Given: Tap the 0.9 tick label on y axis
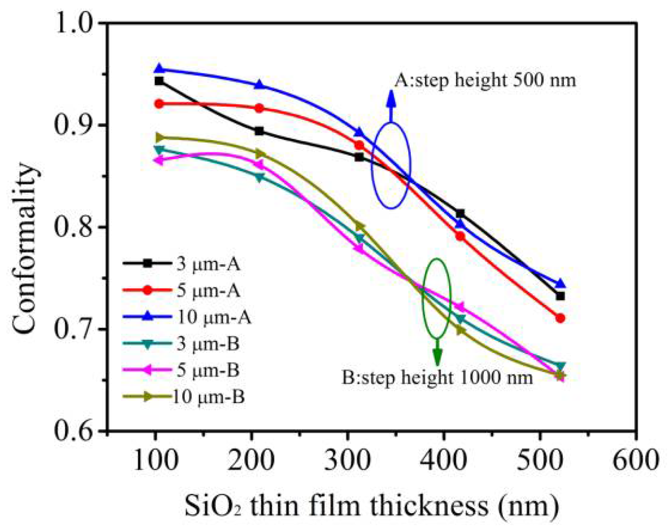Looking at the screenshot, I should [x=74, y=125].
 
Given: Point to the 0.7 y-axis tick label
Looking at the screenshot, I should [x=74, y=329].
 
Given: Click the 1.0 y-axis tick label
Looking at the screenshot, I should [x=74, y=23].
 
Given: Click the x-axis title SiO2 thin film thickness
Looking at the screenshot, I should [x=372, y=506].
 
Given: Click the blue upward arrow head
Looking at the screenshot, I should [x=391, y=99].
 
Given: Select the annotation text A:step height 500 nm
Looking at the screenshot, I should [x=485, y=80].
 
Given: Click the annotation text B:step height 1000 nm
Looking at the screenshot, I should [x=437, y=377].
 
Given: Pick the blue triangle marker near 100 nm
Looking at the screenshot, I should [x=159, y=68].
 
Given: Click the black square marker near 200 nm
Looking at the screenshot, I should [x=259, y=131].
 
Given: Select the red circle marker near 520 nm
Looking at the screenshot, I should [x=560, y=318].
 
